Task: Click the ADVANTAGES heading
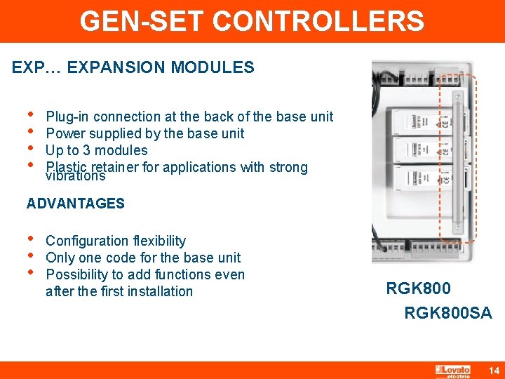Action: click(76, 204)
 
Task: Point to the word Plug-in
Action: click(67, 117)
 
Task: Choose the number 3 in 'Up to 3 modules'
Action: click(86, 150)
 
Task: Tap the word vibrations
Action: click(75, 177)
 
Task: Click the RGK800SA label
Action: click(448, 313)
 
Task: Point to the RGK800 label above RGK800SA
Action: click(419, 288)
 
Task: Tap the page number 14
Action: click(493, 370)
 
